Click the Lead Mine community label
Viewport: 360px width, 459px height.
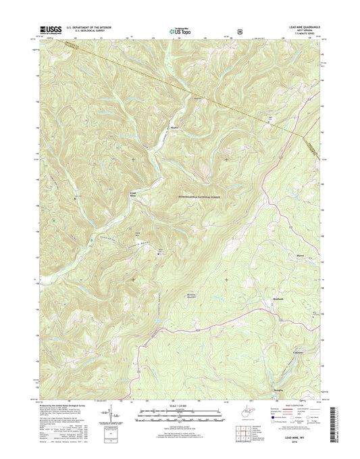133,195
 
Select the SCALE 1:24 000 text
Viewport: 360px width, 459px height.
180,406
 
